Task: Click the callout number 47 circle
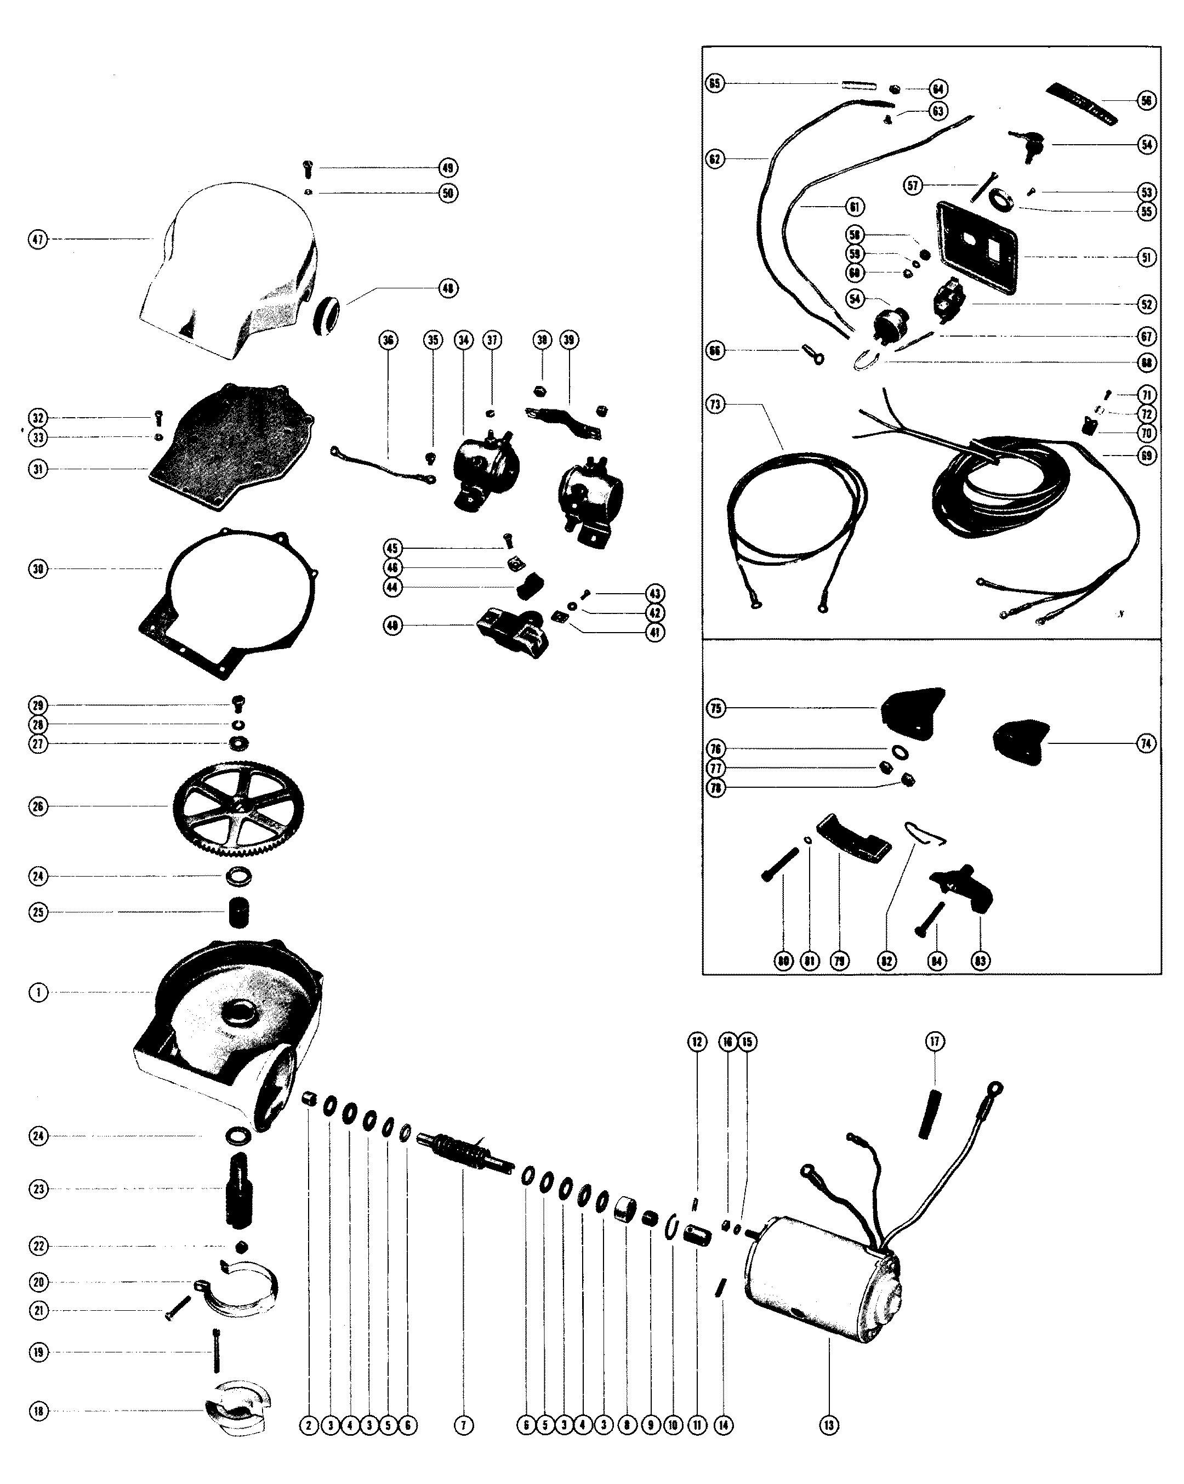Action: pos(38,240)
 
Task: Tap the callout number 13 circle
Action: pos(829,1425)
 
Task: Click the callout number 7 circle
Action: pos(463,1425)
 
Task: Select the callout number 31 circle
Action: pos(38,469)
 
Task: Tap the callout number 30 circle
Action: pos(38,569)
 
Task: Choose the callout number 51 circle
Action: pos(1146,258)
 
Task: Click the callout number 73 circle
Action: pos(716,404)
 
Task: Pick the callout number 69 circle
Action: pos(1146,455)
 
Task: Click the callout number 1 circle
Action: pos(38,993)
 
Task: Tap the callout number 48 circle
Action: pos(448,288)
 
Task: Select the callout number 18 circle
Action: pos(38,1411)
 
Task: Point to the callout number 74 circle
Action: pos(1146,743)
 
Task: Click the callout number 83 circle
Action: pos(980,961)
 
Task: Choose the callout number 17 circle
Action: pos(935,1042)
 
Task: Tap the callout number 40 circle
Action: pos(392,626)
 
